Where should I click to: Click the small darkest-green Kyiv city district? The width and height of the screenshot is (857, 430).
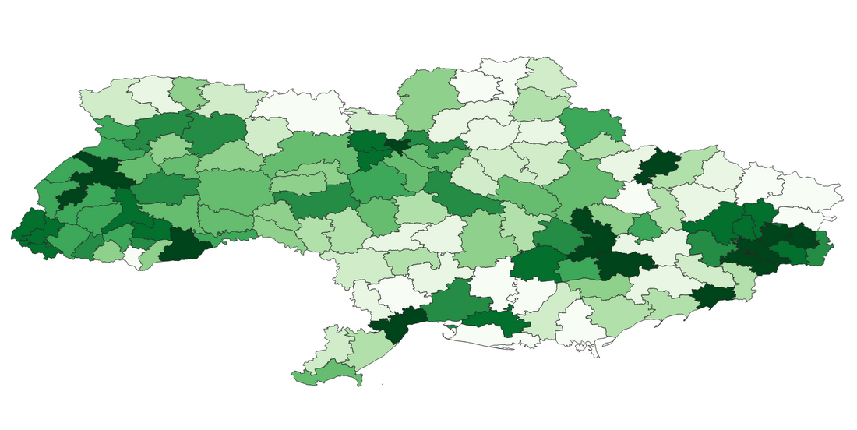[398, 146]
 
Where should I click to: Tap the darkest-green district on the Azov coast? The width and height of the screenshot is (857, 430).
[713, 296]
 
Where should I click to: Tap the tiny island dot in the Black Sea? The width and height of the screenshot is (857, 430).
[383, 385]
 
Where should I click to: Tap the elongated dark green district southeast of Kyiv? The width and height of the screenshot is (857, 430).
[460, 195]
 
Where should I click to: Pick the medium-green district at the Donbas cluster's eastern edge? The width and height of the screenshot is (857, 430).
[820, 252]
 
